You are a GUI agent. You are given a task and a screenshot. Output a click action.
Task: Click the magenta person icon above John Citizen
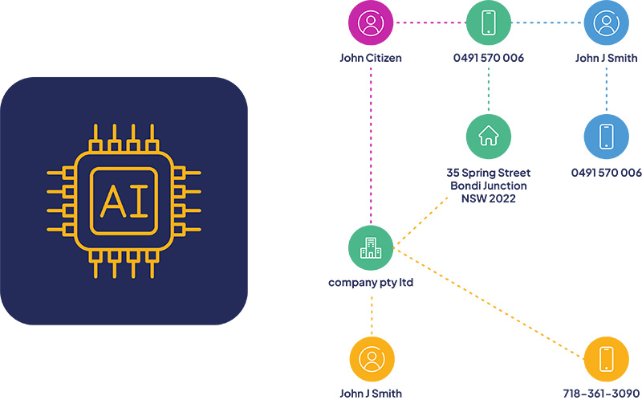371,23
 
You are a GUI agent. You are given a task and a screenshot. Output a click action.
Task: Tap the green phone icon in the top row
488,23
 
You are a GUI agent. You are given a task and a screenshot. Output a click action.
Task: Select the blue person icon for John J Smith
606,23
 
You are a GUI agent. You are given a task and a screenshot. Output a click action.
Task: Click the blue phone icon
606,137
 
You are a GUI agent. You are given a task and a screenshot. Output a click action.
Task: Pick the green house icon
488,137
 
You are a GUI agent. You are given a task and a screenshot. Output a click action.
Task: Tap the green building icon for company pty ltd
371,248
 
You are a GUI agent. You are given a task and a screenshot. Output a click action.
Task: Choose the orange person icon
371,359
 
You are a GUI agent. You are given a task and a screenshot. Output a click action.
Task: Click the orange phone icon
606,359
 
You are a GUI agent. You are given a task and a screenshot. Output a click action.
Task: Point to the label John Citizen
371,58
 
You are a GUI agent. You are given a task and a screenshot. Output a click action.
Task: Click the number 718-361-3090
606,394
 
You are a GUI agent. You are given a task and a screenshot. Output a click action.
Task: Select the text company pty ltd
371,283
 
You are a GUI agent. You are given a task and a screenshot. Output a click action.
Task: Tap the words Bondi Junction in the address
488,186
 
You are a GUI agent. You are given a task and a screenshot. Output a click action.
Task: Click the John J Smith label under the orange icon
371,394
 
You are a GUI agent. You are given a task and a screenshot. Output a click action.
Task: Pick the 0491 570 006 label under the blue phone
606,173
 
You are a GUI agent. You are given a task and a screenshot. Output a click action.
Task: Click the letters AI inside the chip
124,202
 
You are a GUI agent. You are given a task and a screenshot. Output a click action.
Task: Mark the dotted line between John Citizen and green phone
429,22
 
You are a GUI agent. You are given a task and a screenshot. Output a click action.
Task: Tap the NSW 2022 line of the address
488,198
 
